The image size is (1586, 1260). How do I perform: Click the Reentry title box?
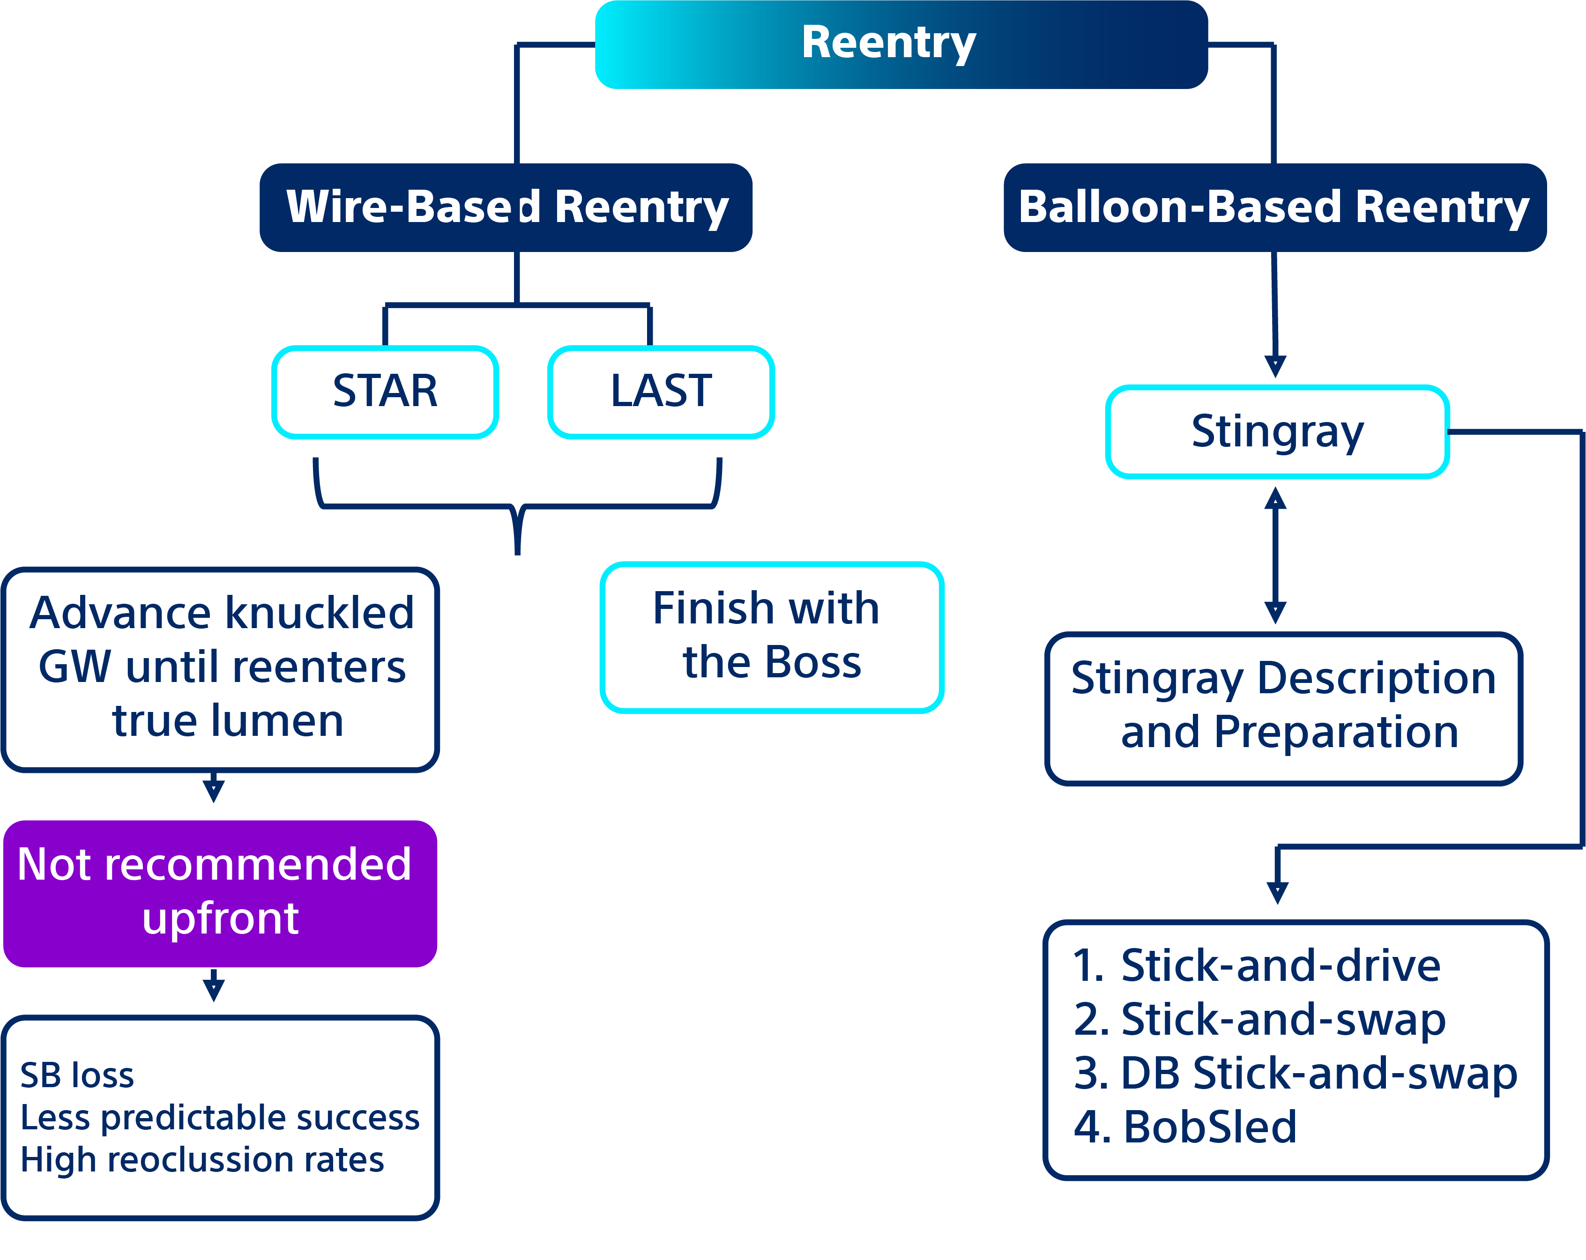(901, 44)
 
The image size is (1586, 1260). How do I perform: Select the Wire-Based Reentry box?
(506, 208)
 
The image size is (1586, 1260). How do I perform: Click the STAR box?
(385, 391)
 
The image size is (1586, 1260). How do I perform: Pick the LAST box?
(661, 391)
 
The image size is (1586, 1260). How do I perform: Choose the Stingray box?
(1277, 432)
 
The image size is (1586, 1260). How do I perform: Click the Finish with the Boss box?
(772, 637)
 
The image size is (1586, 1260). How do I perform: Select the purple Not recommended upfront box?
(220, 893)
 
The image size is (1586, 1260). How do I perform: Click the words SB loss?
(77, 1075)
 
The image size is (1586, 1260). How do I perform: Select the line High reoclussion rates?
(202, 1160)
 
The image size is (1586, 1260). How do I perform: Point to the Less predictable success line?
(220, 1118)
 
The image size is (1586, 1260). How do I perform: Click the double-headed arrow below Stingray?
(1275, 556)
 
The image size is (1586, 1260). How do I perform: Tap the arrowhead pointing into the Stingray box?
(1275, 365)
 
